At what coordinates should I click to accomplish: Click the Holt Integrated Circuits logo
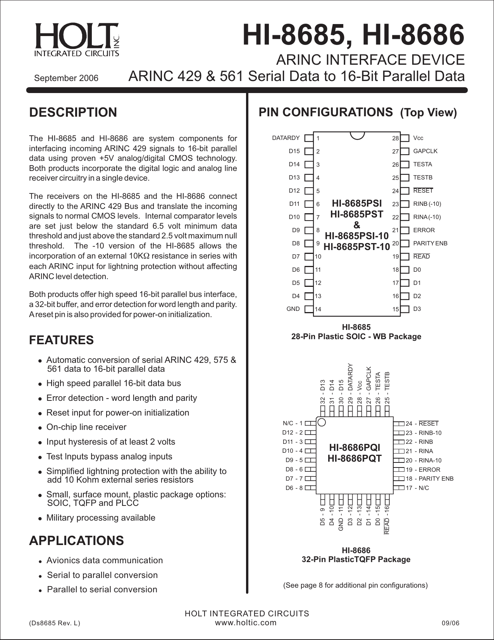pyautogui.click(x=77, y=40)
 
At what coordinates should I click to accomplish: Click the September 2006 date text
pyautogui.click(x=66, y=78)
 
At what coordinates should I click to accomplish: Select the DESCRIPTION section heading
pyautogui.click(x=73, y=112)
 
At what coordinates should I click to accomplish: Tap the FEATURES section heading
pyautogui.click(x=61, y=340)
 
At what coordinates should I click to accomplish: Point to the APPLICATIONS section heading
pyautogui.click(x=76, y=541)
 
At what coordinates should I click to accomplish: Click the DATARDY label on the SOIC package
pyautogui.click(x=286, y=138)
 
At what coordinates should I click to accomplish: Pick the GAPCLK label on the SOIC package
pyautogui.click(x=425, y=151)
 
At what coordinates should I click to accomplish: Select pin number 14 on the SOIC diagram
pyautogui.click(x=318, y=309)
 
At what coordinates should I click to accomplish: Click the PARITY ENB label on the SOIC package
pyautogui.click(x=430, y=243)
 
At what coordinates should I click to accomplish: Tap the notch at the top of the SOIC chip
pyautogui.click(x=357, y=135)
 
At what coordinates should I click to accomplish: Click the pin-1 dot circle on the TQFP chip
pyautogui.click(x=321, y=422)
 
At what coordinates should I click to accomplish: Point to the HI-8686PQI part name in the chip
pyautogui.click(x=355, y=448)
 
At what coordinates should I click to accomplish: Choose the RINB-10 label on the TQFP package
pyautogui.click(x=430, y=433)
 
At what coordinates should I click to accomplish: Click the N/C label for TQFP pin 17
pyautogui.click(x=424, y=488)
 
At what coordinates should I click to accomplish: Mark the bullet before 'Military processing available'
pyautogui.click(x=40, y=519)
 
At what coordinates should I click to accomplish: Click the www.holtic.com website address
pyautogui.click(x=246, y=623)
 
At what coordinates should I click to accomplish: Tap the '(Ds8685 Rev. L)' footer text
pyautogui.click(x=55, y=623)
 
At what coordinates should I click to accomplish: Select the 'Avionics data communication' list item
pyautogui.click(x=105, y=561)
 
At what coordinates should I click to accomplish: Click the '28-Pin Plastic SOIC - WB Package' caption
pyautogui.click(x=356, y=336)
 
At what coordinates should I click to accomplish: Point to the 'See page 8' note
pyautogui.click(x=355, y=585)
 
